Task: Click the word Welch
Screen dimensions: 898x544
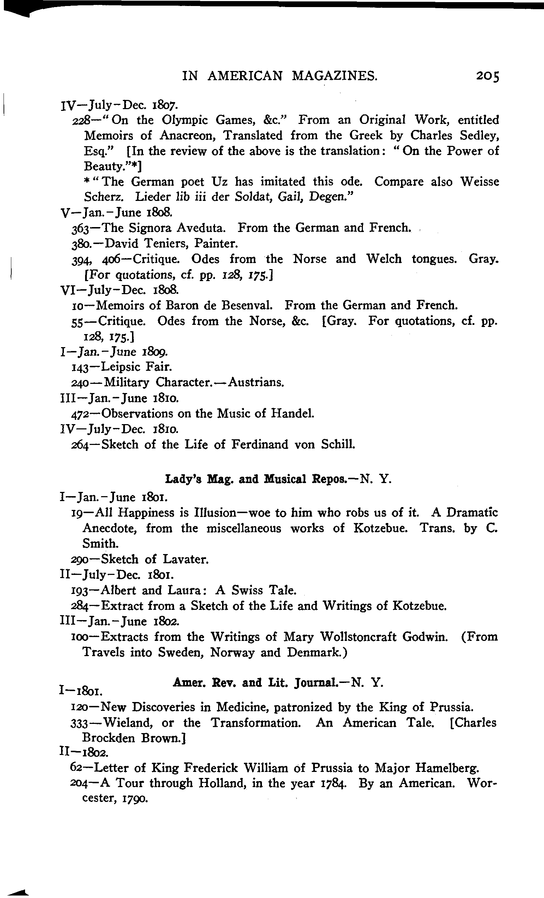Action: tap(384, 259)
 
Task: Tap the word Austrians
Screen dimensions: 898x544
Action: tap(256, 382)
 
